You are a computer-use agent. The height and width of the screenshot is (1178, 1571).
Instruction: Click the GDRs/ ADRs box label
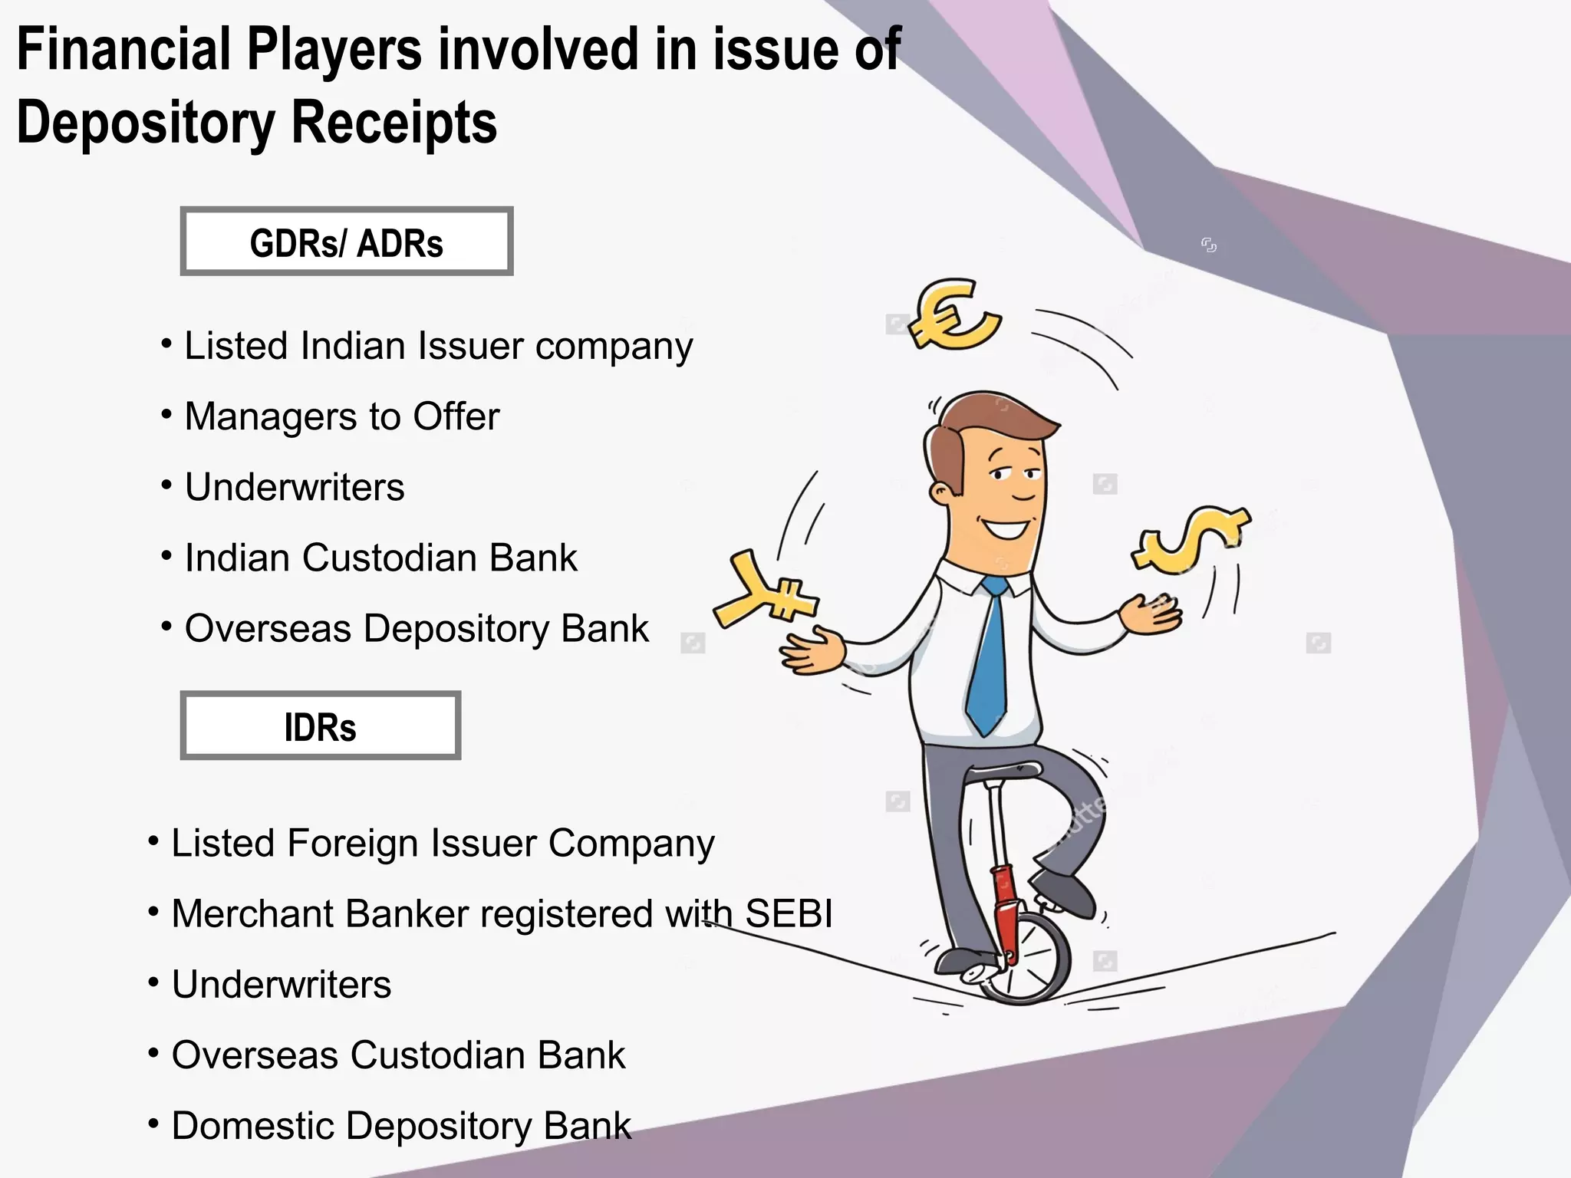pyautogui.click(x=347, y=243)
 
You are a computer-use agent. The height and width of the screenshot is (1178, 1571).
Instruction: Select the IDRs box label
pyautogui.click(x=320, y=727)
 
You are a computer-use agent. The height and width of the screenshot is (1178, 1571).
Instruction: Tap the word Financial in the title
pyautogui.click(x=123, y=50)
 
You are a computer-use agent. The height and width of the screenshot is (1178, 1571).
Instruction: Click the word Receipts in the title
pyautogui.click(x=394, y=123)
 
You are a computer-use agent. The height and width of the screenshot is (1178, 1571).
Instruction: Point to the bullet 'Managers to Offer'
pyautogui.click(x=342, y=417)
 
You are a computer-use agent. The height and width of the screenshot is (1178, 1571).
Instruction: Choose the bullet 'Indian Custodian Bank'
pyautogui.click(x=380, y=558)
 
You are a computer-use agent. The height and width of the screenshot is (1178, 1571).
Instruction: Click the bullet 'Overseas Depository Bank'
pyautogui.click(x=417, y=629)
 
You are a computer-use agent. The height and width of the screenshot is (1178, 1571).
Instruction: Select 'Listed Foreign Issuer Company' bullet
pyautogui.click(x=443, y=844)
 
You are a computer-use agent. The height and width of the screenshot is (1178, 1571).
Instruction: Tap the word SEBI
pyautogui.click(x=789, y=914)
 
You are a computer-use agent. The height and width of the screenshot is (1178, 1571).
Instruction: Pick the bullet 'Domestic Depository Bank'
pyautogui.click(x=401, y=1126)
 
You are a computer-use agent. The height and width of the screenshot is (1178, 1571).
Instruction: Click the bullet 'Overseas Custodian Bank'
pyautogui.click(x=398, y=1055)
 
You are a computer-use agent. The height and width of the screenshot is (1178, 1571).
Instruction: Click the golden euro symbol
pyautogui.click(x=953, y=314)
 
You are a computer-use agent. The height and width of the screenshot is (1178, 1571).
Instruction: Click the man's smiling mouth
pyautogui.click(x=1006, y=528)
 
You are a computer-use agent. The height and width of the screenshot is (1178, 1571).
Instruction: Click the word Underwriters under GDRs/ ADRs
pyautogui.click(x=295, y=488)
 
